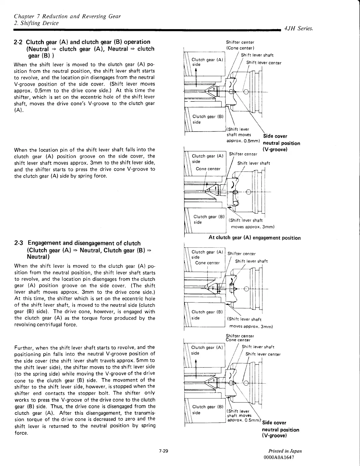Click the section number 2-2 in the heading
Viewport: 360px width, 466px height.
19,42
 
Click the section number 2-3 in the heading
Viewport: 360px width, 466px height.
19,243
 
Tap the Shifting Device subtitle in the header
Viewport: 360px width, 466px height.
36,23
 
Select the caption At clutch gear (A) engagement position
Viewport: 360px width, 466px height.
254,238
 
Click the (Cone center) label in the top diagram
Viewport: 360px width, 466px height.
240,48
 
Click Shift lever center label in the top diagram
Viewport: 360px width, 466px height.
264,63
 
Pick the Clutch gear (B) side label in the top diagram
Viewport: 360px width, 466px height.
208,119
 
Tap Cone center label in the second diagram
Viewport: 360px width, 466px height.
208,169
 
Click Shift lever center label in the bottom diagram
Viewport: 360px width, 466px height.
263,354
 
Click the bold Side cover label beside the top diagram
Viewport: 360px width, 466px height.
275,136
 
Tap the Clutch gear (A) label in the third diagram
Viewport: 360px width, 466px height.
207,252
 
